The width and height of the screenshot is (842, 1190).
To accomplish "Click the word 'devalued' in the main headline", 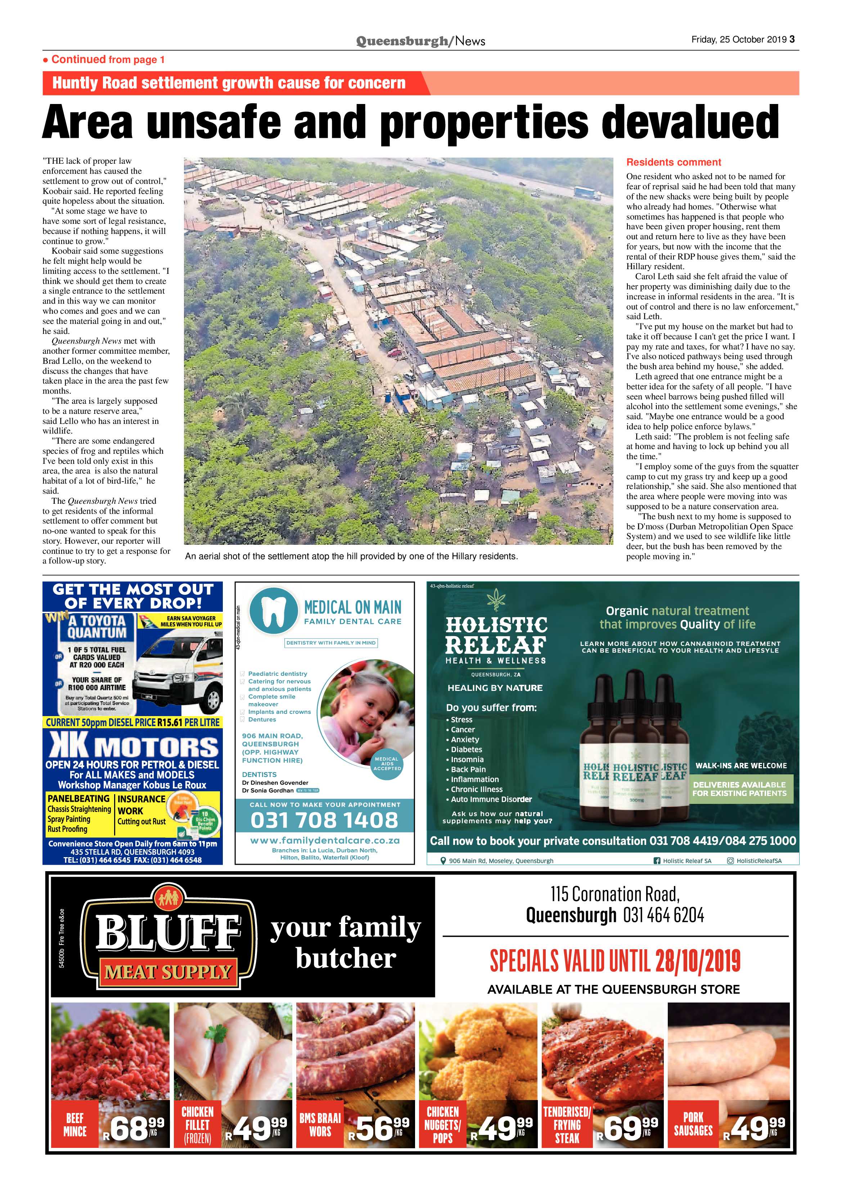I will point(690,123).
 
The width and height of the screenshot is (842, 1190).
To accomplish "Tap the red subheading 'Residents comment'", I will point(674,162).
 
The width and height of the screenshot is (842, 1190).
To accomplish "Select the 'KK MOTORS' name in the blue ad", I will point(134,747).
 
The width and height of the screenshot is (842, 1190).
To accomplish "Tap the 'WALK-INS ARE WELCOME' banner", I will point(741,765).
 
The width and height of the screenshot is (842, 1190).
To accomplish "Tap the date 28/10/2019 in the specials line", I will point(697,962).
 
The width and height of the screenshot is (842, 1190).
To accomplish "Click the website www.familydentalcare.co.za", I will point(325,841).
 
